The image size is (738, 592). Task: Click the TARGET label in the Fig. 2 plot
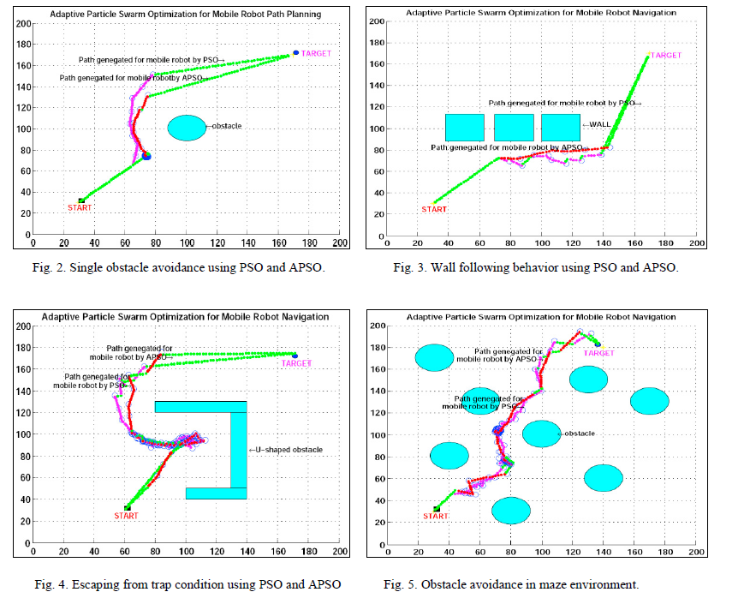[316, 53]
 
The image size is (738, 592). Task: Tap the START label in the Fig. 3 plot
[434, 209]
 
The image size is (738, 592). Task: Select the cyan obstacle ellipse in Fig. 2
[186, 127]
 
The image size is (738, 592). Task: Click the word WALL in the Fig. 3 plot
[601, 125]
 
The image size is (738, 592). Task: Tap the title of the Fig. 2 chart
[186, 14]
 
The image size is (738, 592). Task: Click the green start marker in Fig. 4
[128, 507]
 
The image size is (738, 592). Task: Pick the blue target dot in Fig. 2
[296, 52]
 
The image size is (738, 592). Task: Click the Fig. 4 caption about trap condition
[187, 584]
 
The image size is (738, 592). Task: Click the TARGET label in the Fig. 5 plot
[599, 353]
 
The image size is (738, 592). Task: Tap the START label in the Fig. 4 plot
[126, 516]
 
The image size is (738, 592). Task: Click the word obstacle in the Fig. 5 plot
[580, 434]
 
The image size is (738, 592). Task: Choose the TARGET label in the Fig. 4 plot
[296, 363]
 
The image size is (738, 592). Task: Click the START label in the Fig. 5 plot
[436, 517]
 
